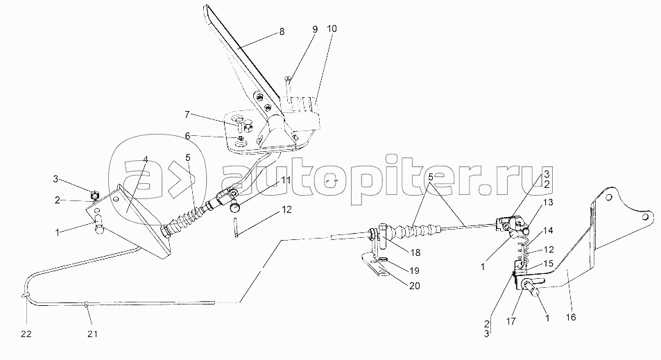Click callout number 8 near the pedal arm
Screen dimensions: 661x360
click(282, 32)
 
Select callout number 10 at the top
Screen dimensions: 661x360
click(332, 29)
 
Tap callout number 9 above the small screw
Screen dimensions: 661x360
click(314, 30)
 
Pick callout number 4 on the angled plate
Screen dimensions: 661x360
click(146, 160)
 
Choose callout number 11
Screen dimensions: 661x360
click(286, 181)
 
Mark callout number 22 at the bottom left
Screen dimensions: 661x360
click(26, 334)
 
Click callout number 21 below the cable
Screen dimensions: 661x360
click(92, 334)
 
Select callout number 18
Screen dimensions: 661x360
click(415, 252)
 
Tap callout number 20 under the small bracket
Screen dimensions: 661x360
click(414, 286)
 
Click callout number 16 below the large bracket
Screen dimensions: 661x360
click(572, 318)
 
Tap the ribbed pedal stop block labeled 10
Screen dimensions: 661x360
click(300, 112)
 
